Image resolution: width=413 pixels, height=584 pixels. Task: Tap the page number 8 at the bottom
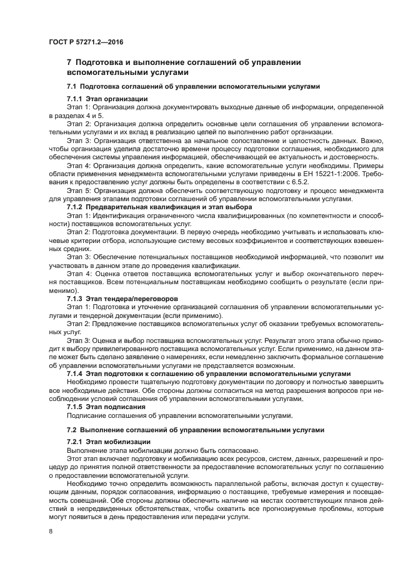51,531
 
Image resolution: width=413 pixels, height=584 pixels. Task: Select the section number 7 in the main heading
69,62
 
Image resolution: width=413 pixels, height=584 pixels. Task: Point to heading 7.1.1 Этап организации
107,99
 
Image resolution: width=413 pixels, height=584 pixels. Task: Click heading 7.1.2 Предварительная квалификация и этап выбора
159,206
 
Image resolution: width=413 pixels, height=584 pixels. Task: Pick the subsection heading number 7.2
71,429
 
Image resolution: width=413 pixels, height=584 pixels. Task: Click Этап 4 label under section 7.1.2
79,275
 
